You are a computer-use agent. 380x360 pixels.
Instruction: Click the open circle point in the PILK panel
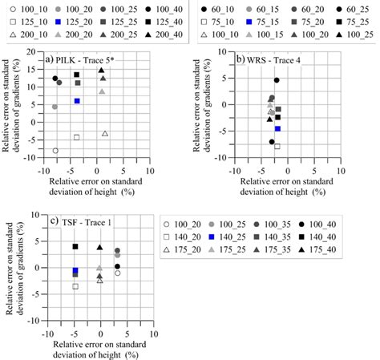pyautogui.click(x=55, y=151)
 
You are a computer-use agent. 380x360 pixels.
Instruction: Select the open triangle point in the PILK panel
pyautogui.click(x=105, y=134)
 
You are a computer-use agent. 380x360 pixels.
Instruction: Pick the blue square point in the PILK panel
pyautogui.click(x=77, y=101)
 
